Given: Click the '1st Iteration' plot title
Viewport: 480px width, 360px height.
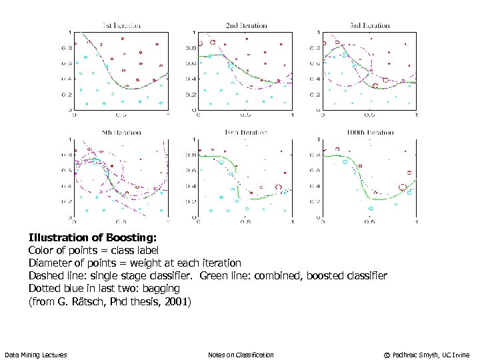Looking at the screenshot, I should [121, 26].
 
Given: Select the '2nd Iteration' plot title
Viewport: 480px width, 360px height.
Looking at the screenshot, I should [245, 26].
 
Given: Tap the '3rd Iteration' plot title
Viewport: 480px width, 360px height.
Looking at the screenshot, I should [369, 26].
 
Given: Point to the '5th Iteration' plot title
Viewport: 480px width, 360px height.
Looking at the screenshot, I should [121, 133].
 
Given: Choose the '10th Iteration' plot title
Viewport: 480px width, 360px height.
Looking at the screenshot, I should [245, 133].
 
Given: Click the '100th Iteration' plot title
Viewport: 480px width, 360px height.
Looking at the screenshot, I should [370, 133].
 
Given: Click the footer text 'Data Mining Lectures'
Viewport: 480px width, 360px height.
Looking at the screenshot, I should [35, 355].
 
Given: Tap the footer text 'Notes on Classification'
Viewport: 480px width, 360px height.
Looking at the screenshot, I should [241, 355].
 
